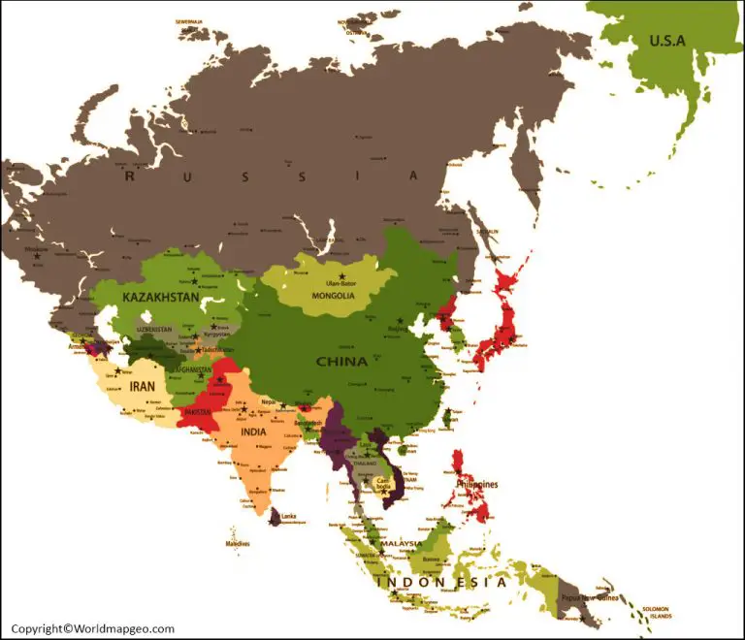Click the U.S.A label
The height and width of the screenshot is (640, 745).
click(x=667, y=41)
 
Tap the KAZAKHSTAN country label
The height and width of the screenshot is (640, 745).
click(x=162, y=295)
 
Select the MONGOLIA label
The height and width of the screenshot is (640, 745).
click(x=333, y=296)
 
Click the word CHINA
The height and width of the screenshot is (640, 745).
click(x=341, y=362)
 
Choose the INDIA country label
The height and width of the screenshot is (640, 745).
click(x=255, y=432)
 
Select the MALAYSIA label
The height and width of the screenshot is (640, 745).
click(x=401, y=544)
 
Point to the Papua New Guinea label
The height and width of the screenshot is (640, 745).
click(x=582, y=598)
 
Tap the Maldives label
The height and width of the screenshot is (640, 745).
click(x=238, y=543)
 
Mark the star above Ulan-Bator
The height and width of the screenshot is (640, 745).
click(x=341, y=277)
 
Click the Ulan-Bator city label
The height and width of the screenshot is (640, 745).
click(x=342, y=285)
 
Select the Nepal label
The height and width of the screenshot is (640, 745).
click(x=269, y=401)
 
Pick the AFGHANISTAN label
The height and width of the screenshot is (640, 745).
click(x=191, y=369)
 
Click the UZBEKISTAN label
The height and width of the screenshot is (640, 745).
click(x=154, y=329)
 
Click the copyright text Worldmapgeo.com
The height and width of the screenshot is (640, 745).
click(x=93, y=628)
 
